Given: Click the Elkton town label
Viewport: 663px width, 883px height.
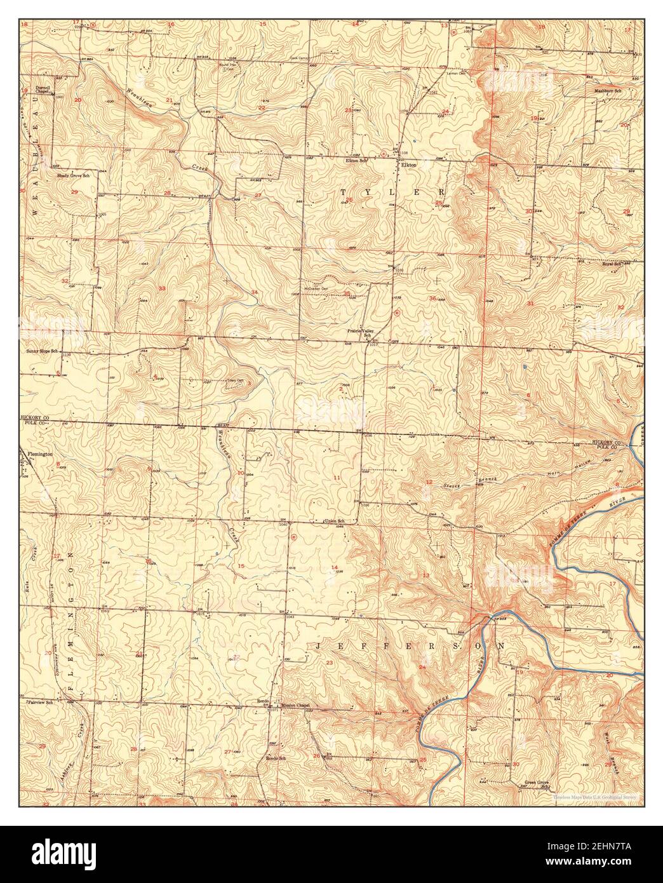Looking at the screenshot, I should coord(407,165).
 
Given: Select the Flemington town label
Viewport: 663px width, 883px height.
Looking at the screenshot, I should coord(39,455).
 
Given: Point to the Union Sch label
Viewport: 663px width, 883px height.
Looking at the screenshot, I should coord(334,522).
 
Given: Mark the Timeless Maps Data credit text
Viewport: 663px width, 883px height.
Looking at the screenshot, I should coord(598,796).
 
